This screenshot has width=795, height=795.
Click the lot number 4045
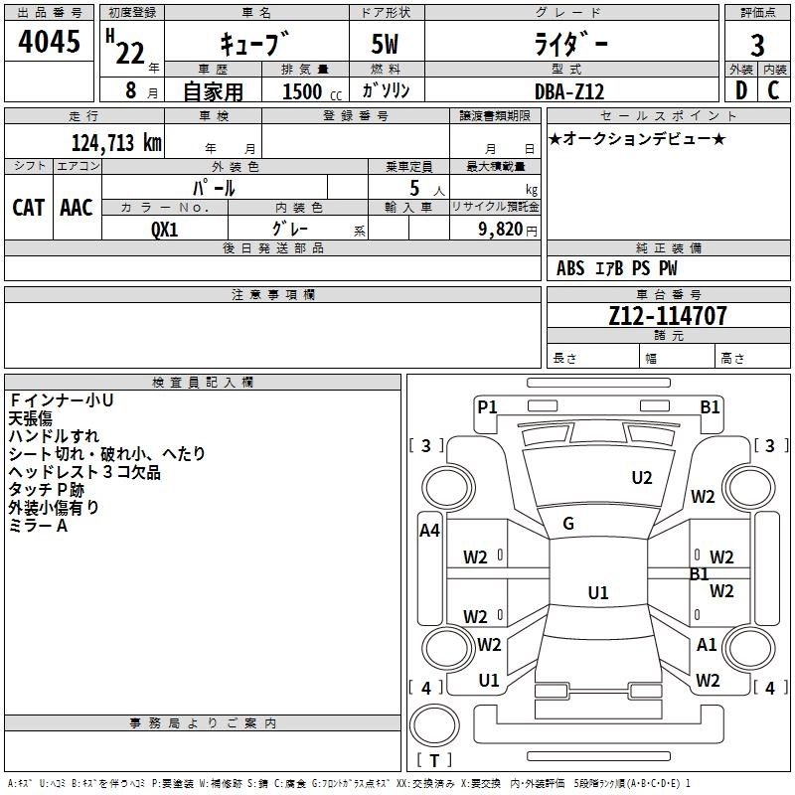[x=50, y=45]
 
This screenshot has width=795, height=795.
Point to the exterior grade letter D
[x=740, y=90]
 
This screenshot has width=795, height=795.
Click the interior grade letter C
[x=773, y=90]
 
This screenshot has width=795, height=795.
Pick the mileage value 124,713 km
[x=116, y=142]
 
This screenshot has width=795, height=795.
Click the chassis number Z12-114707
[x=667, y=316]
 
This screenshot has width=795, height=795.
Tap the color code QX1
[x=165, y=230]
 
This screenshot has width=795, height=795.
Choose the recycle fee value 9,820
[x=500, y=230]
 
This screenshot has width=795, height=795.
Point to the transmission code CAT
[x=29, y=208]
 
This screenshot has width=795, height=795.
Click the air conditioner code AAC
[x=77, y=208]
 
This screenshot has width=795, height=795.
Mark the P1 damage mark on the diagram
[x=487, y=405]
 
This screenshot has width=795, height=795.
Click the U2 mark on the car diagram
[x=642, y=478]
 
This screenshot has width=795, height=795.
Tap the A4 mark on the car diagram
[x=429, y=531]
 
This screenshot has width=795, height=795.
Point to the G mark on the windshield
[x=568, y=524]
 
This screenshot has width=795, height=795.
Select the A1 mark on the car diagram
[x=707, y=645]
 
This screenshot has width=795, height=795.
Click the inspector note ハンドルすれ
[x=54, y=436]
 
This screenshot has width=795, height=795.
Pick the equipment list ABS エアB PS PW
[x=618, y=268]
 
